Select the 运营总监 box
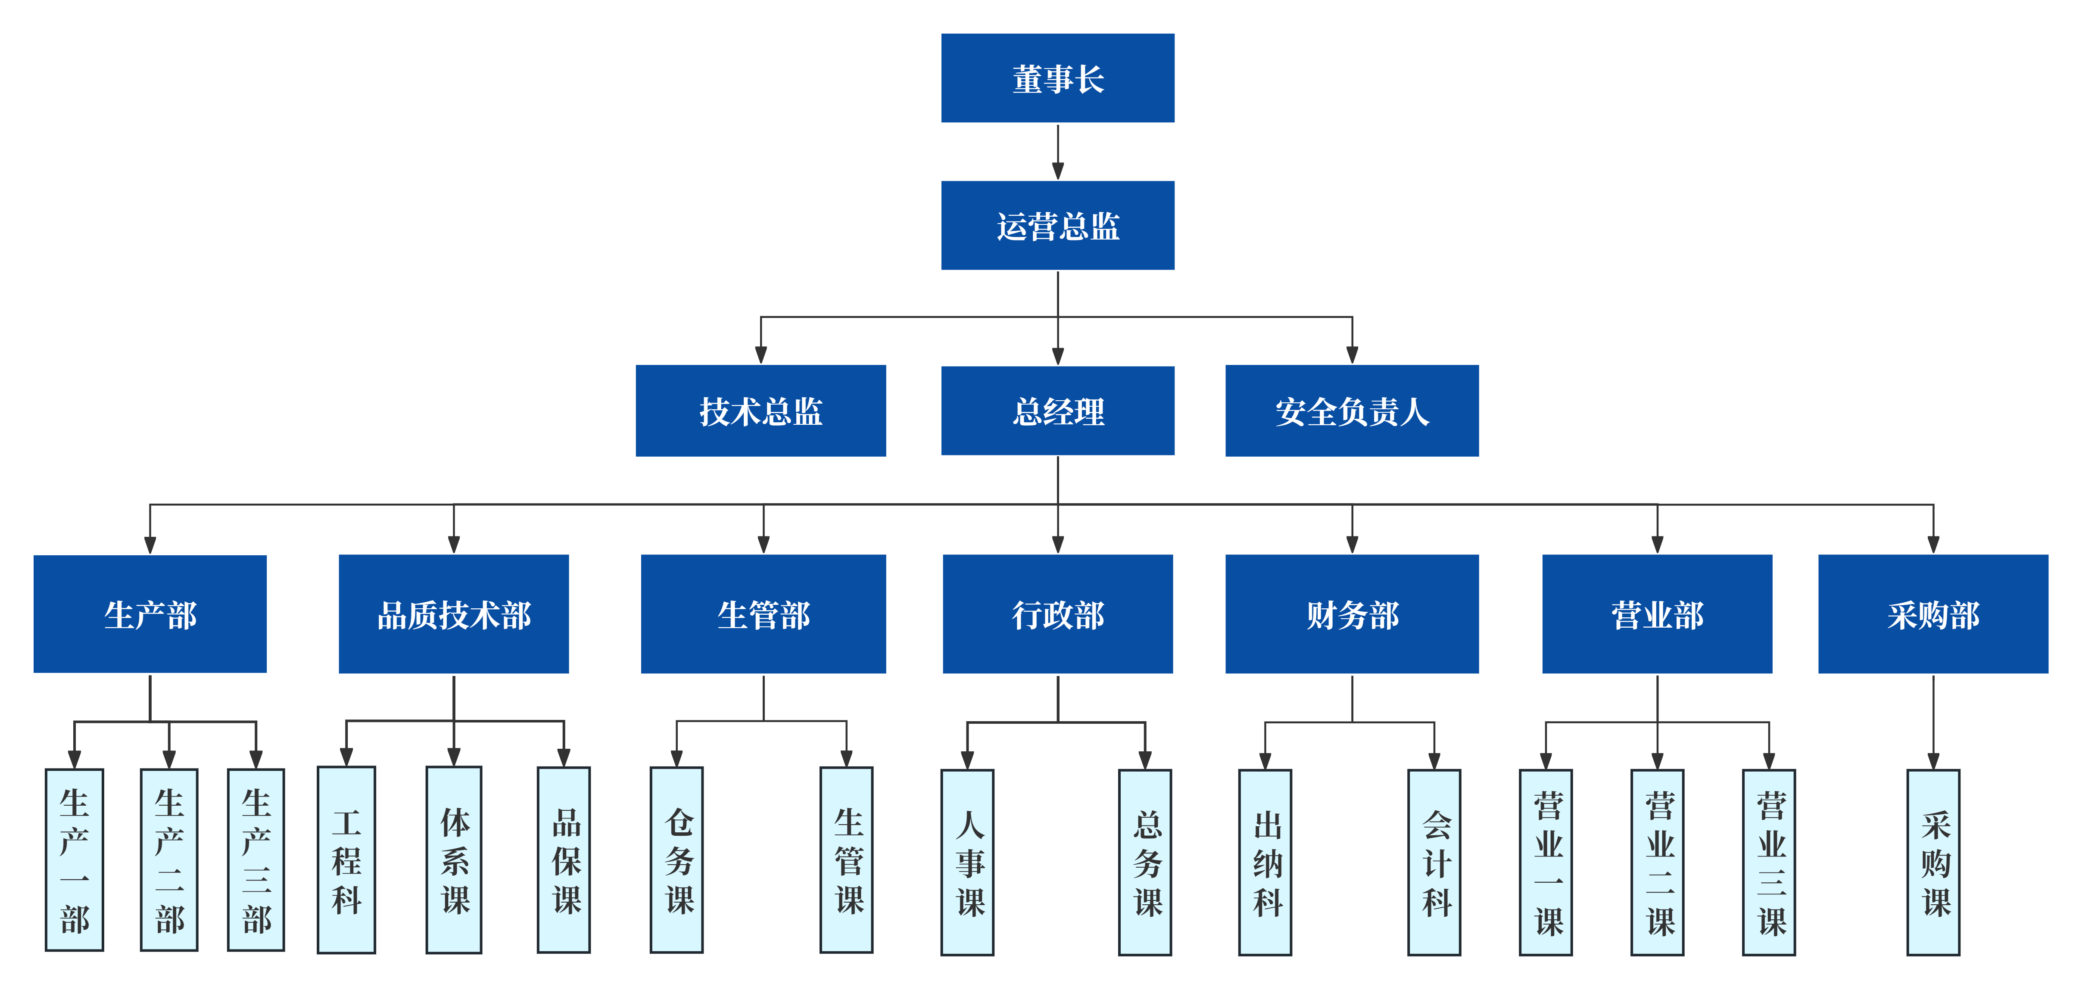click(1057, 225)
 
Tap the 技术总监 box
click(760, 411)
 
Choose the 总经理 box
click(1057, 411)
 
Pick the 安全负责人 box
click(1351, 411)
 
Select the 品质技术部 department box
click(453, 613)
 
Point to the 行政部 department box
click(1057, 613)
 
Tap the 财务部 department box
click(1351, 613)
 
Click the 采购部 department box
click(1932, 613)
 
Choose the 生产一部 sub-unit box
click(75, 859)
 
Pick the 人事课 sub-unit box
click(967, 862)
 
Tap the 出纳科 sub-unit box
click(1265, 862)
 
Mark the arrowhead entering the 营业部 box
click(1657, 544)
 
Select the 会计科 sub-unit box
click(1434, 862)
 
